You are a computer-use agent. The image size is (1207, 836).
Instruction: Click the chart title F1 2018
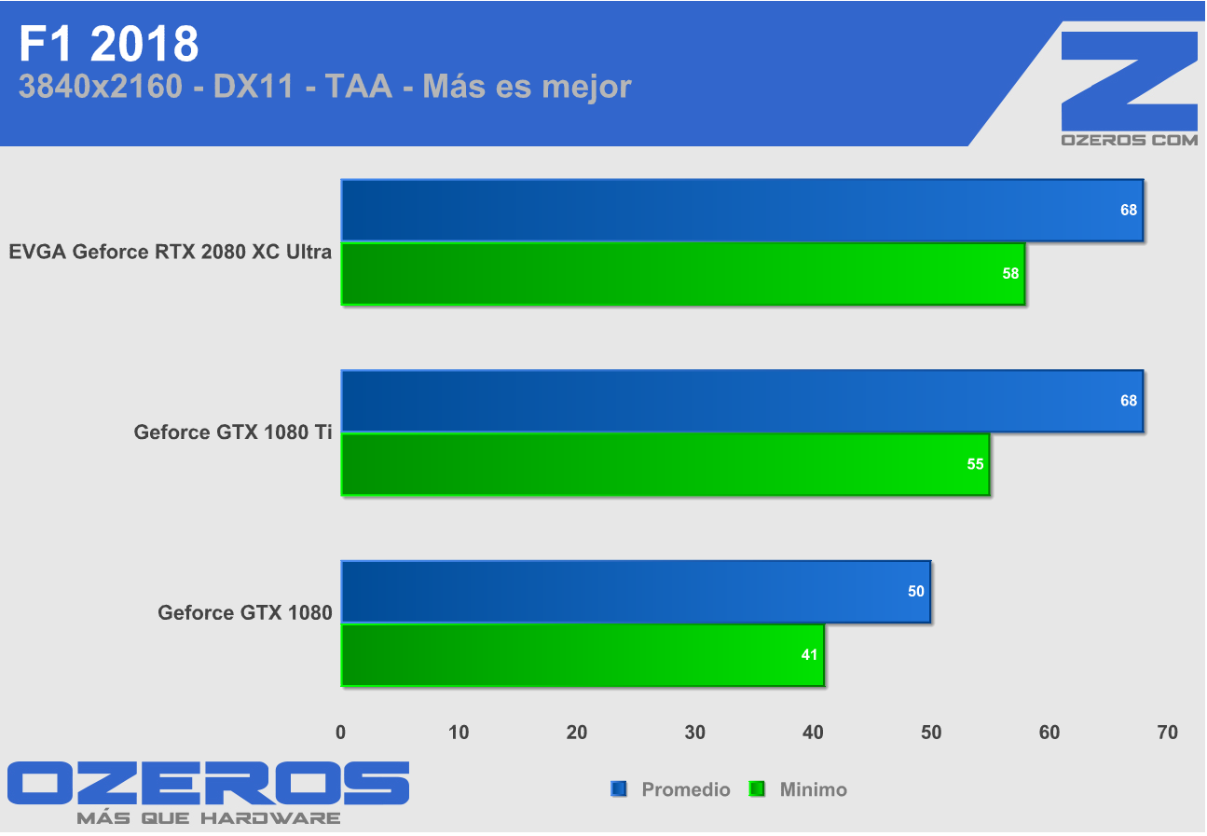tap(109, 43)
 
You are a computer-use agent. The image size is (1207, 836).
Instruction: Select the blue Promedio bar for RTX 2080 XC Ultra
tap(741, 211)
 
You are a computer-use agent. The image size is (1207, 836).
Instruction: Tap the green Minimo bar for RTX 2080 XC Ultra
tap(682, 274)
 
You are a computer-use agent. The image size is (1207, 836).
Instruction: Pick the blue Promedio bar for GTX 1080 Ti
tap(741, 401)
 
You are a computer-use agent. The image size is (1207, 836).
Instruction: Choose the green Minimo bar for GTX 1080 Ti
tap(665, 464)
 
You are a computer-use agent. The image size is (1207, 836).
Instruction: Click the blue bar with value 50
tap(635, 592)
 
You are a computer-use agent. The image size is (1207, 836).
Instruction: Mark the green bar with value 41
tap(582, 655)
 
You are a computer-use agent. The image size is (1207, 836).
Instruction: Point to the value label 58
tap(1010, 274)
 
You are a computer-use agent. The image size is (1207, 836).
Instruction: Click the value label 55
tap(975, 464)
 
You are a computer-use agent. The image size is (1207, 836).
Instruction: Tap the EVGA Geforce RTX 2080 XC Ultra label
tap(171, 252)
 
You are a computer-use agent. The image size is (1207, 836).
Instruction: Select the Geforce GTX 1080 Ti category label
tap(233, 432)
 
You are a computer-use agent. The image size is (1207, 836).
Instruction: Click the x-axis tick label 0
tap(341, 733)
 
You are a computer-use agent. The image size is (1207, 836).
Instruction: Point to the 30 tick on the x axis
tap(694, 733)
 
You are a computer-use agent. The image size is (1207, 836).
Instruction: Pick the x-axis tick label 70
tap(1167, 733)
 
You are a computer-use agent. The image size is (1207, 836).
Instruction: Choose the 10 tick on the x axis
tap(459, 733)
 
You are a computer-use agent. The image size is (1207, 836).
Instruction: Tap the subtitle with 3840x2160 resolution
tap(324, 87)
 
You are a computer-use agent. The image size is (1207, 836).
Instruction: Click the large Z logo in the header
tap(1129, 81)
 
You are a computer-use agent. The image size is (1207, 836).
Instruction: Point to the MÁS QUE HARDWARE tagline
tap(208, 818)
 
